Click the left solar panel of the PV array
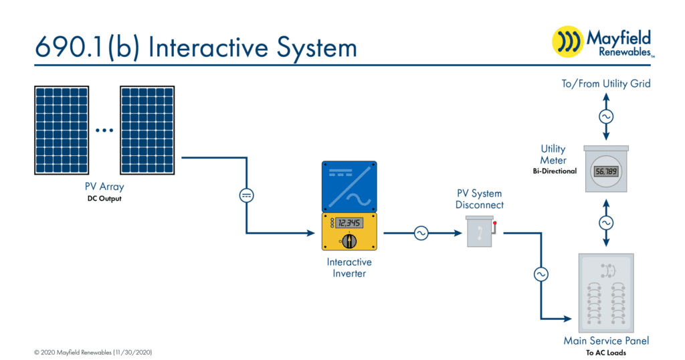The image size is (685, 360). click(62, 130)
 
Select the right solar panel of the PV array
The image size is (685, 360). click(147, 130)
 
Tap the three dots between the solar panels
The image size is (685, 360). click(104, 130)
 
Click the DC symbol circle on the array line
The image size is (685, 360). click(246, 195)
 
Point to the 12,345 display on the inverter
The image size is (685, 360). click(349, 223)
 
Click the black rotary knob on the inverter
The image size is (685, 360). click(349, 241)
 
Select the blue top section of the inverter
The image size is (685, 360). click(349, 187)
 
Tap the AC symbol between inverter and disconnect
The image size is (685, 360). click(421, 234)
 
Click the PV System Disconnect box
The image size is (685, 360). click(480, 232)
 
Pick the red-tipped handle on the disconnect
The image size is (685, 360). click(494, 228)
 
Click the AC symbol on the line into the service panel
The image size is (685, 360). click(541, 274)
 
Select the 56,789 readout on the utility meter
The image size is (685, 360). click(606, 171)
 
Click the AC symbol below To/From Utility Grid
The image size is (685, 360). click(606, 116)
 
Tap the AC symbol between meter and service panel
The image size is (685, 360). click(606, 223)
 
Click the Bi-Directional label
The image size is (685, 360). click(555, 171)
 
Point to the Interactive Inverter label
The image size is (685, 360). click(349, 268)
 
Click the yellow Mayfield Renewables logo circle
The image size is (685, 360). click(567, 42)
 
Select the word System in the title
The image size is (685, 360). click(316, 48)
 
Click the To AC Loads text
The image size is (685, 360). click(606, 353)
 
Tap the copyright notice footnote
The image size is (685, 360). click(93, 352)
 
